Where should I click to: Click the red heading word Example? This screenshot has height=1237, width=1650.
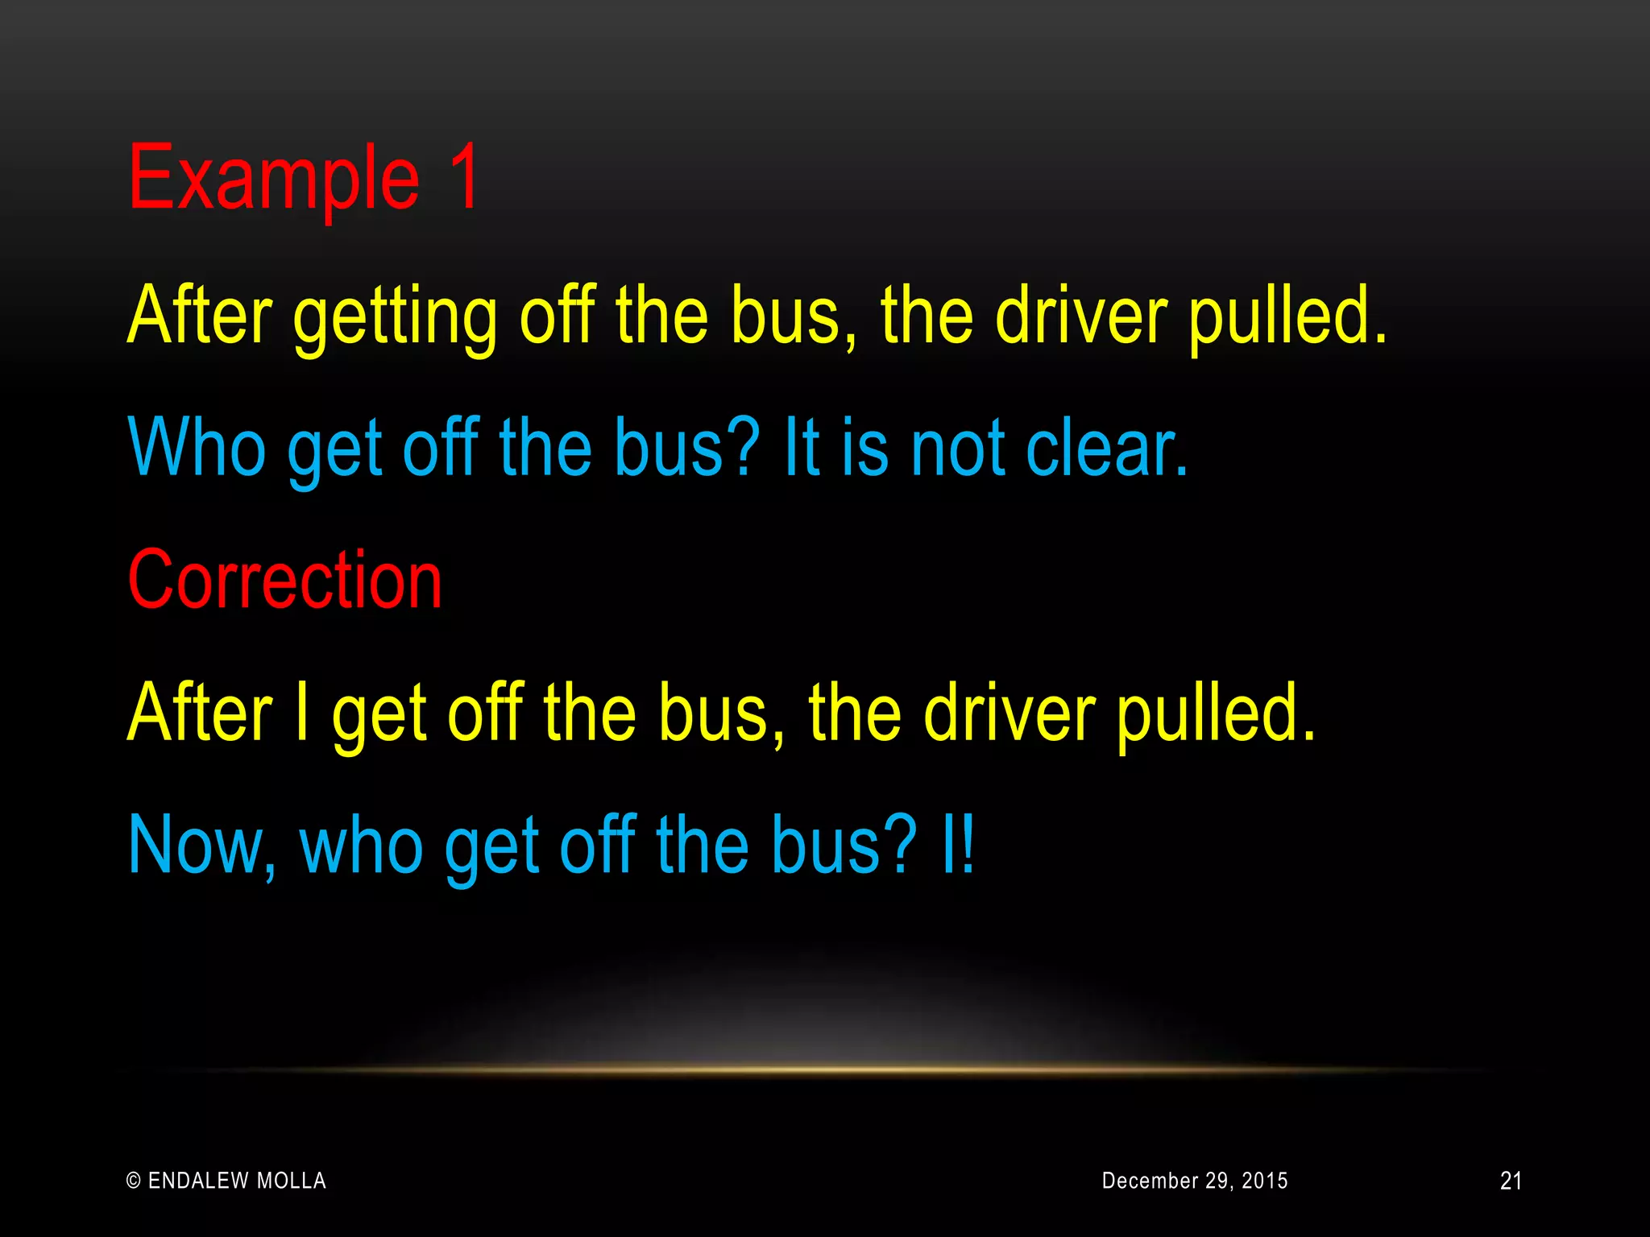pyautogui.click(x=274, y=179)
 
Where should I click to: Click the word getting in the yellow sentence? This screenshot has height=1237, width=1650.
pyautogui.click(x=395, y=317)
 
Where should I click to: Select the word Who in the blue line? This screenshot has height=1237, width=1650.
pyautogui.click(x=197, y=448)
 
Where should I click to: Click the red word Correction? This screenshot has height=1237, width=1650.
pyautogui.click(x=285, y=580)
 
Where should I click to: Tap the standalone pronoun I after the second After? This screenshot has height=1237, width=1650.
pyautogui.click(x=302, y=713)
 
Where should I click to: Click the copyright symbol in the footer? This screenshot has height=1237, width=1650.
pyautogui.click(x=134, y=1181)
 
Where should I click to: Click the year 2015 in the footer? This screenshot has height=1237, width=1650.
pyautogui.click(x=1264, y=1181)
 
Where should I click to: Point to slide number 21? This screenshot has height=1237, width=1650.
pyautogui.click(x=1511, y=1181)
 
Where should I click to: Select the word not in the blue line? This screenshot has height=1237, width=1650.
pyautogui.click(x=959, y=448)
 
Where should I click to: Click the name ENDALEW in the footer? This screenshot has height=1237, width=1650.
pyautogui.click(x=198, y=1181)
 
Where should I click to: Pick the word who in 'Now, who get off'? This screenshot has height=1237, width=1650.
pyautogui.click(x=361, y=846)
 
